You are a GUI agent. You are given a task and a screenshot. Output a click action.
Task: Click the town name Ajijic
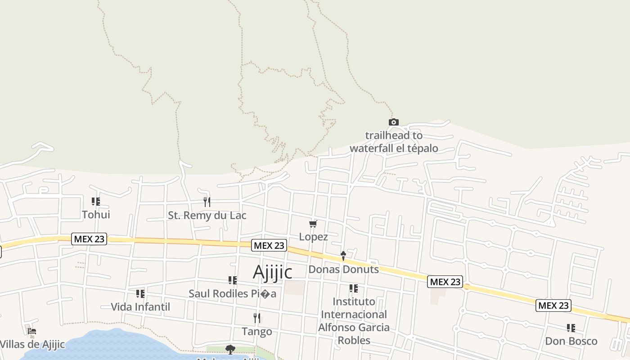[x=273, y=272]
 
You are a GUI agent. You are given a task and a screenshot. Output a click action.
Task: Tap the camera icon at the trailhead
[x=393, y=122]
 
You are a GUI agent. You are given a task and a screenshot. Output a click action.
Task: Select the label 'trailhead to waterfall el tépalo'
[x=394, y=142]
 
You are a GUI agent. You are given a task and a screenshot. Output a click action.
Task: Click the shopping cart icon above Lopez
[x=313, y=224]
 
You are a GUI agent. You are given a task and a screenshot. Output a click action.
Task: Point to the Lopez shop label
[x=313, y=237]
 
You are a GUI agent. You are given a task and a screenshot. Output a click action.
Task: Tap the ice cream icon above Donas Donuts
[x=343, y=256]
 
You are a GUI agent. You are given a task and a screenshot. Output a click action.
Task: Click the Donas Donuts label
[x=343, y=270]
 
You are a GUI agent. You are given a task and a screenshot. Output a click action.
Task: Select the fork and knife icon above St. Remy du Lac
[x=207, y=202]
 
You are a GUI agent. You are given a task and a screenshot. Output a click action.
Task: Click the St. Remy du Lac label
[x=207, y=216]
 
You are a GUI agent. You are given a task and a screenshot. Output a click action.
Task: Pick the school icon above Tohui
[x=96, y=202]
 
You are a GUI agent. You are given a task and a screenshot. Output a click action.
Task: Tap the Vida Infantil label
[x=140, y=307]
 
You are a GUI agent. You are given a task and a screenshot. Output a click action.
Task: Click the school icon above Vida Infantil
[x=140, y=294]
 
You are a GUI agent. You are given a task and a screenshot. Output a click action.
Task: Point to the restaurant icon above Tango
[x=257, y=318]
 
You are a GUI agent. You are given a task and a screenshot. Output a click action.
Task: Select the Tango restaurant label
[x=257, y=332]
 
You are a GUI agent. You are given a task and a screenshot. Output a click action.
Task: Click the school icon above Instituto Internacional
[x=354, y=288]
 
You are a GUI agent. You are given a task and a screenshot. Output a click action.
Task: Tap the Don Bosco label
[x=571, y=341]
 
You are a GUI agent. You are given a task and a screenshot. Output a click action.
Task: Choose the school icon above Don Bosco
[x=571, y=328]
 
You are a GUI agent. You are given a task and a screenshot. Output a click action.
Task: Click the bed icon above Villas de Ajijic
[x=31, y=332]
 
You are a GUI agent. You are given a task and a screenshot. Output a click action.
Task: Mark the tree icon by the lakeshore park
[x=230, y=349]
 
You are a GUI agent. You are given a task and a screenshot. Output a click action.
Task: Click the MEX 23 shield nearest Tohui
[x=89, y=239]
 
